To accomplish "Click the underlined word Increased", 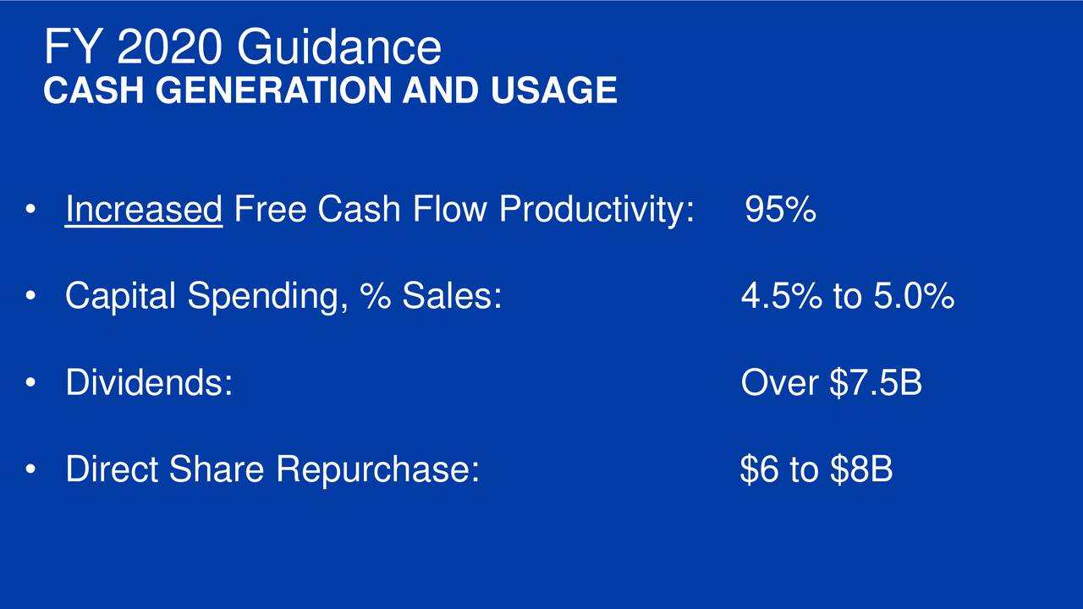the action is click(x=144, y=209).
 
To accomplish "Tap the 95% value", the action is click(x=780, y=209).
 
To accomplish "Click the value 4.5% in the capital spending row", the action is click(x=781, y=295).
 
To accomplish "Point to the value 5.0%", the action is click(x=914, y=295).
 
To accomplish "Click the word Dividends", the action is click(x=149, y=381).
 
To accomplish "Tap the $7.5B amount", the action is click(x=876, y=382).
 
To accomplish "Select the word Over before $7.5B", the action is click(x=779, y=382).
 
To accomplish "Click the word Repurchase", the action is click(x=377, y=469).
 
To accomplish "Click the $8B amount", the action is click(x=861, y=469).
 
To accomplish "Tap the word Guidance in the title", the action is click(x=339, y=47).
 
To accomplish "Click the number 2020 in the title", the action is click(x=169, y=47).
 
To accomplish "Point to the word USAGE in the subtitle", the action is click(x=554, y=91).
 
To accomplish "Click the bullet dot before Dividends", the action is click(x=30, y=382).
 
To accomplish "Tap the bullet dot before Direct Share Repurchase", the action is click(x=30, y=469).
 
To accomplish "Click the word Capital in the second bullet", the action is click(x=120, y=296).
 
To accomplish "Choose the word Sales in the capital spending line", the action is click(x=452, y=295).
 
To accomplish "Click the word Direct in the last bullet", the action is click(x=112, y=469).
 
